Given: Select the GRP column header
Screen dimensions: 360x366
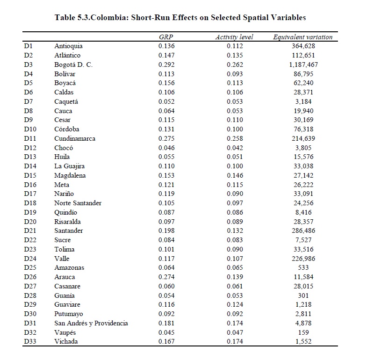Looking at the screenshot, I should click(x=166, y=37).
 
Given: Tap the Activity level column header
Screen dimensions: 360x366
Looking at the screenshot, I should click(x=234, y=37).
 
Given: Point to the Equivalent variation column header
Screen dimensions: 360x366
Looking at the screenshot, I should click(x=302, y=37).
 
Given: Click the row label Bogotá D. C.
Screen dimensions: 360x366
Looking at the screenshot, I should click(x=73, y=65).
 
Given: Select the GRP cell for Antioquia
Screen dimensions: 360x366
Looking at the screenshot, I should click(x=166, y=46).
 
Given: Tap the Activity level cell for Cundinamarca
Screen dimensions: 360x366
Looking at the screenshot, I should click(x=235, y=138).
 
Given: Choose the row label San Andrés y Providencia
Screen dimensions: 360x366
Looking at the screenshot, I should click(x=91, y=323).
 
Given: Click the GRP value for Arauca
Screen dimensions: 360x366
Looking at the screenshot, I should click(x=166, y=277).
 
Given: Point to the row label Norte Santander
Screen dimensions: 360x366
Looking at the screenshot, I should click(x=78, y=203).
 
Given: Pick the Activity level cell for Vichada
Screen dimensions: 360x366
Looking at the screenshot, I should click(x=235, y=341).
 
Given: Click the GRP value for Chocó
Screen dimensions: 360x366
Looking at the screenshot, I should click(x=166, y=148).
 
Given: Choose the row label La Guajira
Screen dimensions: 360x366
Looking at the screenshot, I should click(x=69, y=166).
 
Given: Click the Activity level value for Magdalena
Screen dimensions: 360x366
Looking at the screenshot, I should click(x=235, y=175).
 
